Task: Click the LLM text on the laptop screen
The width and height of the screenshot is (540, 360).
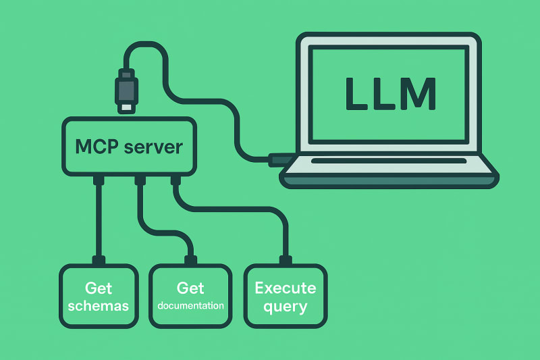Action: [389, 94]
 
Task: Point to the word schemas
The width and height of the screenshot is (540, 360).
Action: [99, 307]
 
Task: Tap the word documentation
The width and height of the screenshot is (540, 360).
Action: [190, 306]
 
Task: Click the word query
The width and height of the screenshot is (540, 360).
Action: [285, 307]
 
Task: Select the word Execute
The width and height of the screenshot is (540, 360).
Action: [285, 288]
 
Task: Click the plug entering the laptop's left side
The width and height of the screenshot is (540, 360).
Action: [278, 160]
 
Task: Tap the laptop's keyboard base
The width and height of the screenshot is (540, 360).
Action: [389, 174]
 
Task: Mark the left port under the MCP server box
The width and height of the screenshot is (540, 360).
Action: [99, 180]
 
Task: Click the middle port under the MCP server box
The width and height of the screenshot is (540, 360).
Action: [140, 180]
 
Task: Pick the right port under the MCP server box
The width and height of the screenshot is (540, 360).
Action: [175, 180]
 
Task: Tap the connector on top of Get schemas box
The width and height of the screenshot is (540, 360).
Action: [99, 260]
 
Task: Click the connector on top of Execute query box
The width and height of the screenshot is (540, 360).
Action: [285, 260]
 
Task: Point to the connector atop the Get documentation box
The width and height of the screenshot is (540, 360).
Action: [190, 260]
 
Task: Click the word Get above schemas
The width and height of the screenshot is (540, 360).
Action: [99, 288]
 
